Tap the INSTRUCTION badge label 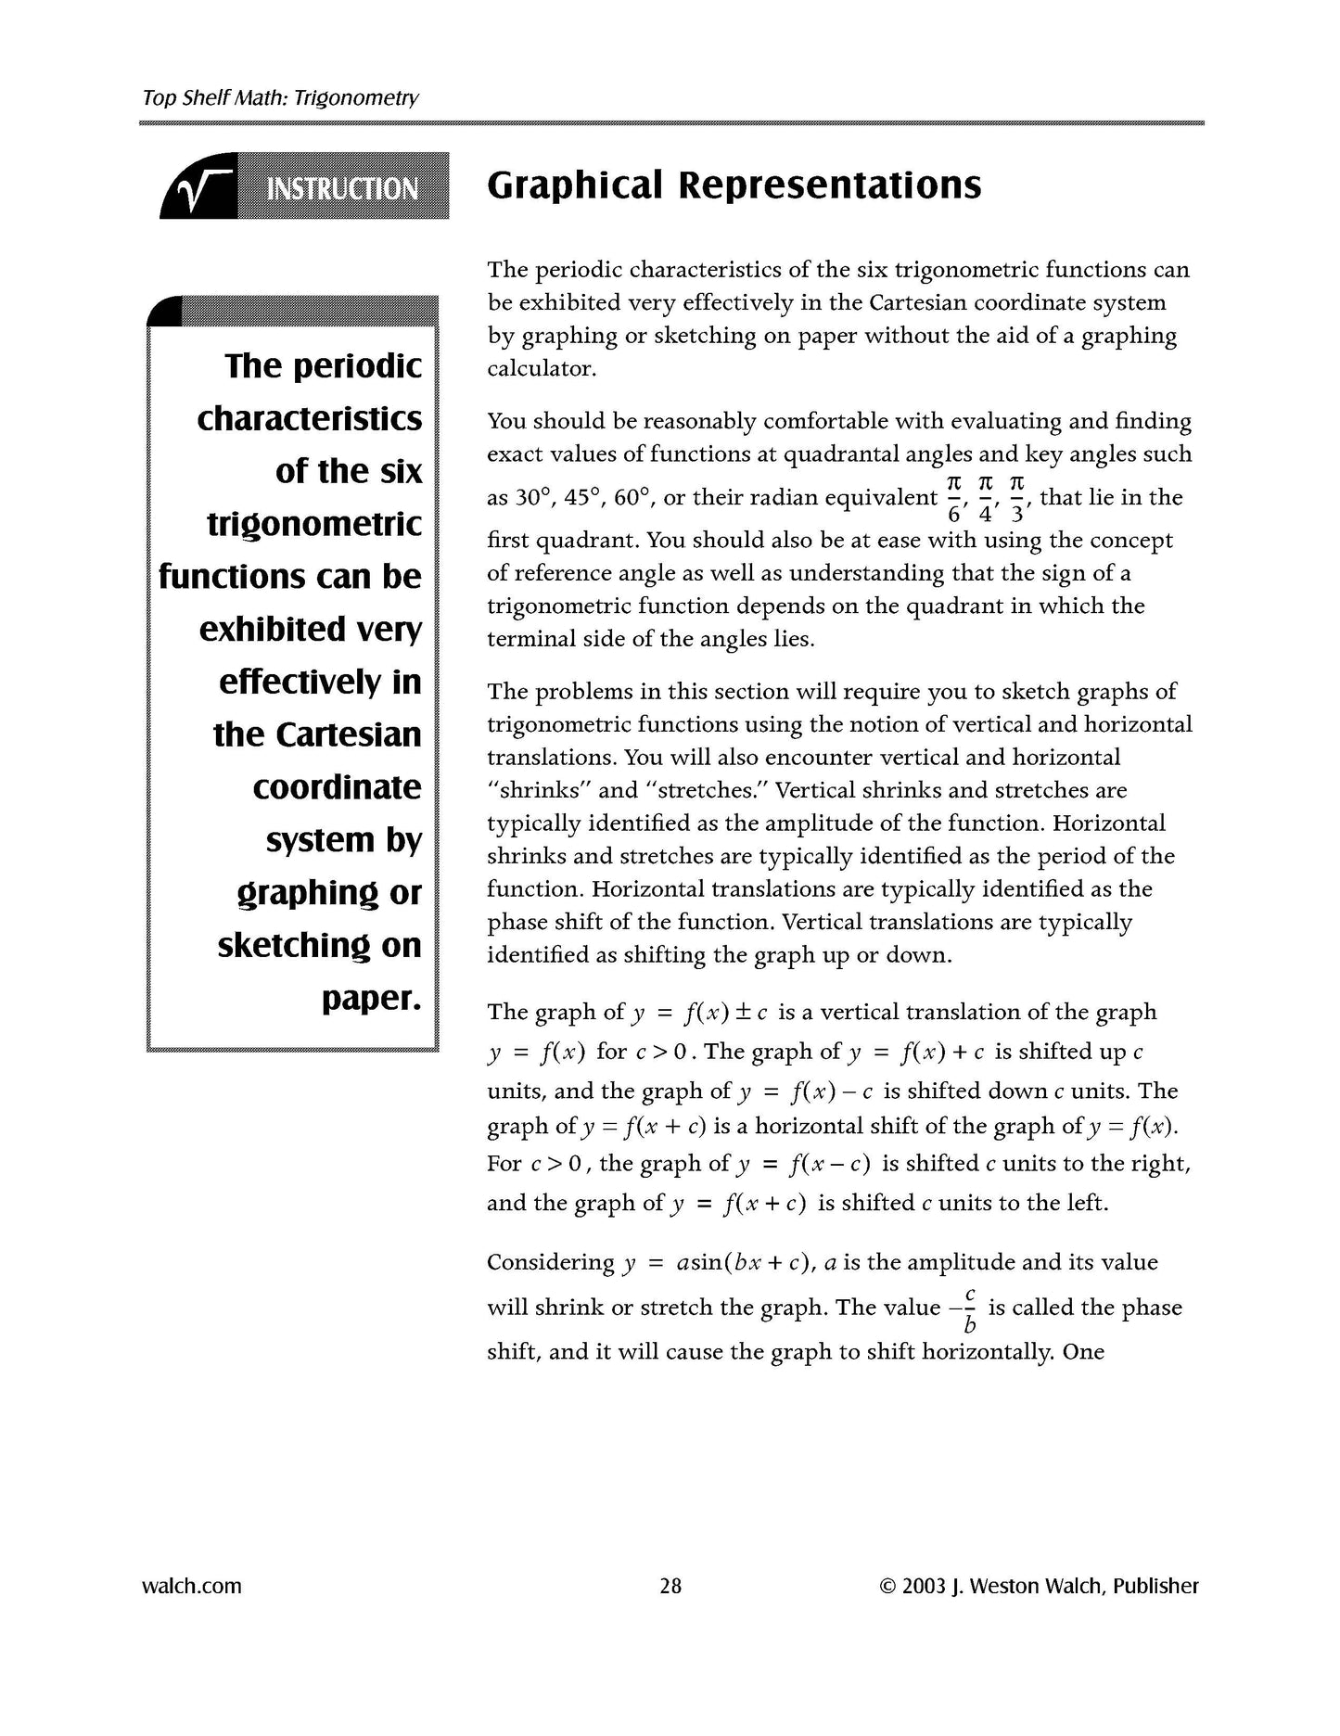click(342, 189)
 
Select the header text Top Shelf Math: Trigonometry click(280, 97)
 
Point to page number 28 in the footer click(670, 1586)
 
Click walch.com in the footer click(191, 1586)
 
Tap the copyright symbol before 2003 click(887, 1587)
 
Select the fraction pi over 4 click(986, 498)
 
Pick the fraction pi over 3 click(1017, 498)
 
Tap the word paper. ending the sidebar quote click(371, 999)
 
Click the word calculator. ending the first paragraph click(542, 369)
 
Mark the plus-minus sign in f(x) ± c click(743, 1013)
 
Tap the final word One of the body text click(1083, 1351)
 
